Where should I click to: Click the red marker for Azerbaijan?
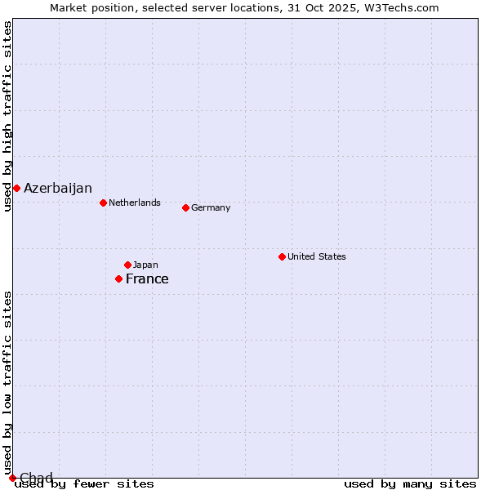pyautogui.click(x=16, y=189)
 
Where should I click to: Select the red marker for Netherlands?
pyautogui.click(x=103, y=203)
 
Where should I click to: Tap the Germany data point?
pyautogui.click(x=185, y=207)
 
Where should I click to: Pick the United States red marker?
pyautogui.click(x=282, y=256)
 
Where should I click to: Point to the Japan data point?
pyautogui.click(x=127, y=265)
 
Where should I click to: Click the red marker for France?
pyautogui.click(x=118, y=279)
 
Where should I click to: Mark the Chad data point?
pyautogui.click(x=12, y=478)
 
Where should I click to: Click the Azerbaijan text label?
pyautogui.click(x=58, y=189)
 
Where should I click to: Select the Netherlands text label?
pyautogui.click(x=135, y=203)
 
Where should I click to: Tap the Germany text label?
pyautogui.click(x=211, y=207)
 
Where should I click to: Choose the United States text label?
pyautogui.click(x=317, y=256)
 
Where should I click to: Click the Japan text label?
pyautogui.click(x=145, y=265)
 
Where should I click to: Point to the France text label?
pyautogui.click(x=147, y=279)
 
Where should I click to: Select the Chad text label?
pyautogui.click(x=36, y=478)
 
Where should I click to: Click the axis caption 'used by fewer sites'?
pyautogui.click(x=84, y=484)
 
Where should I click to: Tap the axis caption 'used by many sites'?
pyautogui.click(x=410, y=484)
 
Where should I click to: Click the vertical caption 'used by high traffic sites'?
pyautogui.click(x=8, y=116)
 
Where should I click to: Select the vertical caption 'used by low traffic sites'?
pyautogui.click(x=8, y=382)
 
